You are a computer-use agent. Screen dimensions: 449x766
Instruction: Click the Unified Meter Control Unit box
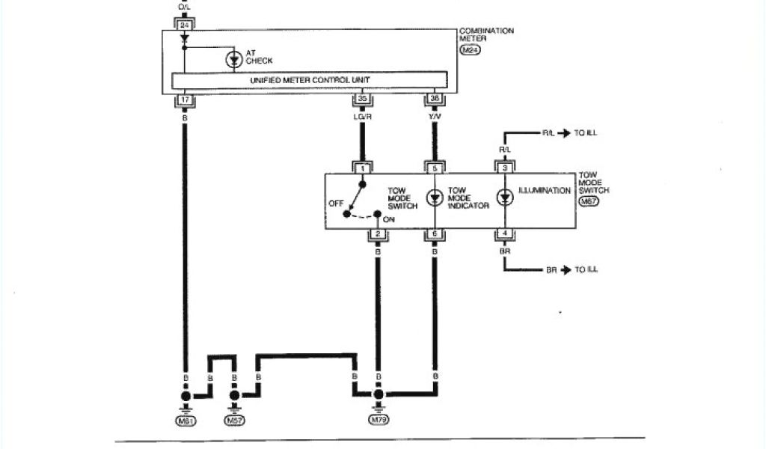310,80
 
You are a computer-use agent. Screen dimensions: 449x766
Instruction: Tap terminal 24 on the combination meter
184,25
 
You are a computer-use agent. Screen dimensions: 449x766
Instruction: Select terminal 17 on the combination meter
184,99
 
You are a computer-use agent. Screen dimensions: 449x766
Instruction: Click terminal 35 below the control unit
362,99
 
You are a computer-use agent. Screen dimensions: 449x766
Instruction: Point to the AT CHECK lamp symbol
233,60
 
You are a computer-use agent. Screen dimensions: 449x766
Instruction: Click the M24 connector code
470,49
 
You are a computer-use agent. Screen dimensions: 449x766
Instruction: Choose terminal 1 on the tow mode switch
362,169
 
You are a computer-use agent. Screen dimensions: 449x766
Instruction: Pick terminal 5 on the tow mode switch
434,169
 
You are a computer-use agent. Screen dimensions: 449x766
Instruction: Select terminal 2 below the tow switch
378,235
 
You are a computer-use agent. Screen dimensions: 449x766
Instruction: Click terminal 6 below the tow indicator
434,235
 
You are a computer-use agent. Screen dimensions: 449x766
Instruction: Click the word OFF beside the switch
336,203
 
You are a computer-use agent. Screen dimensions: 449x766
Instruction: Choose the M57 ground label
234,421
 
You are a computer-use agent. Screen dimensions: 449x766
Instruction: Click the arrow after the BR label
566,269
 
